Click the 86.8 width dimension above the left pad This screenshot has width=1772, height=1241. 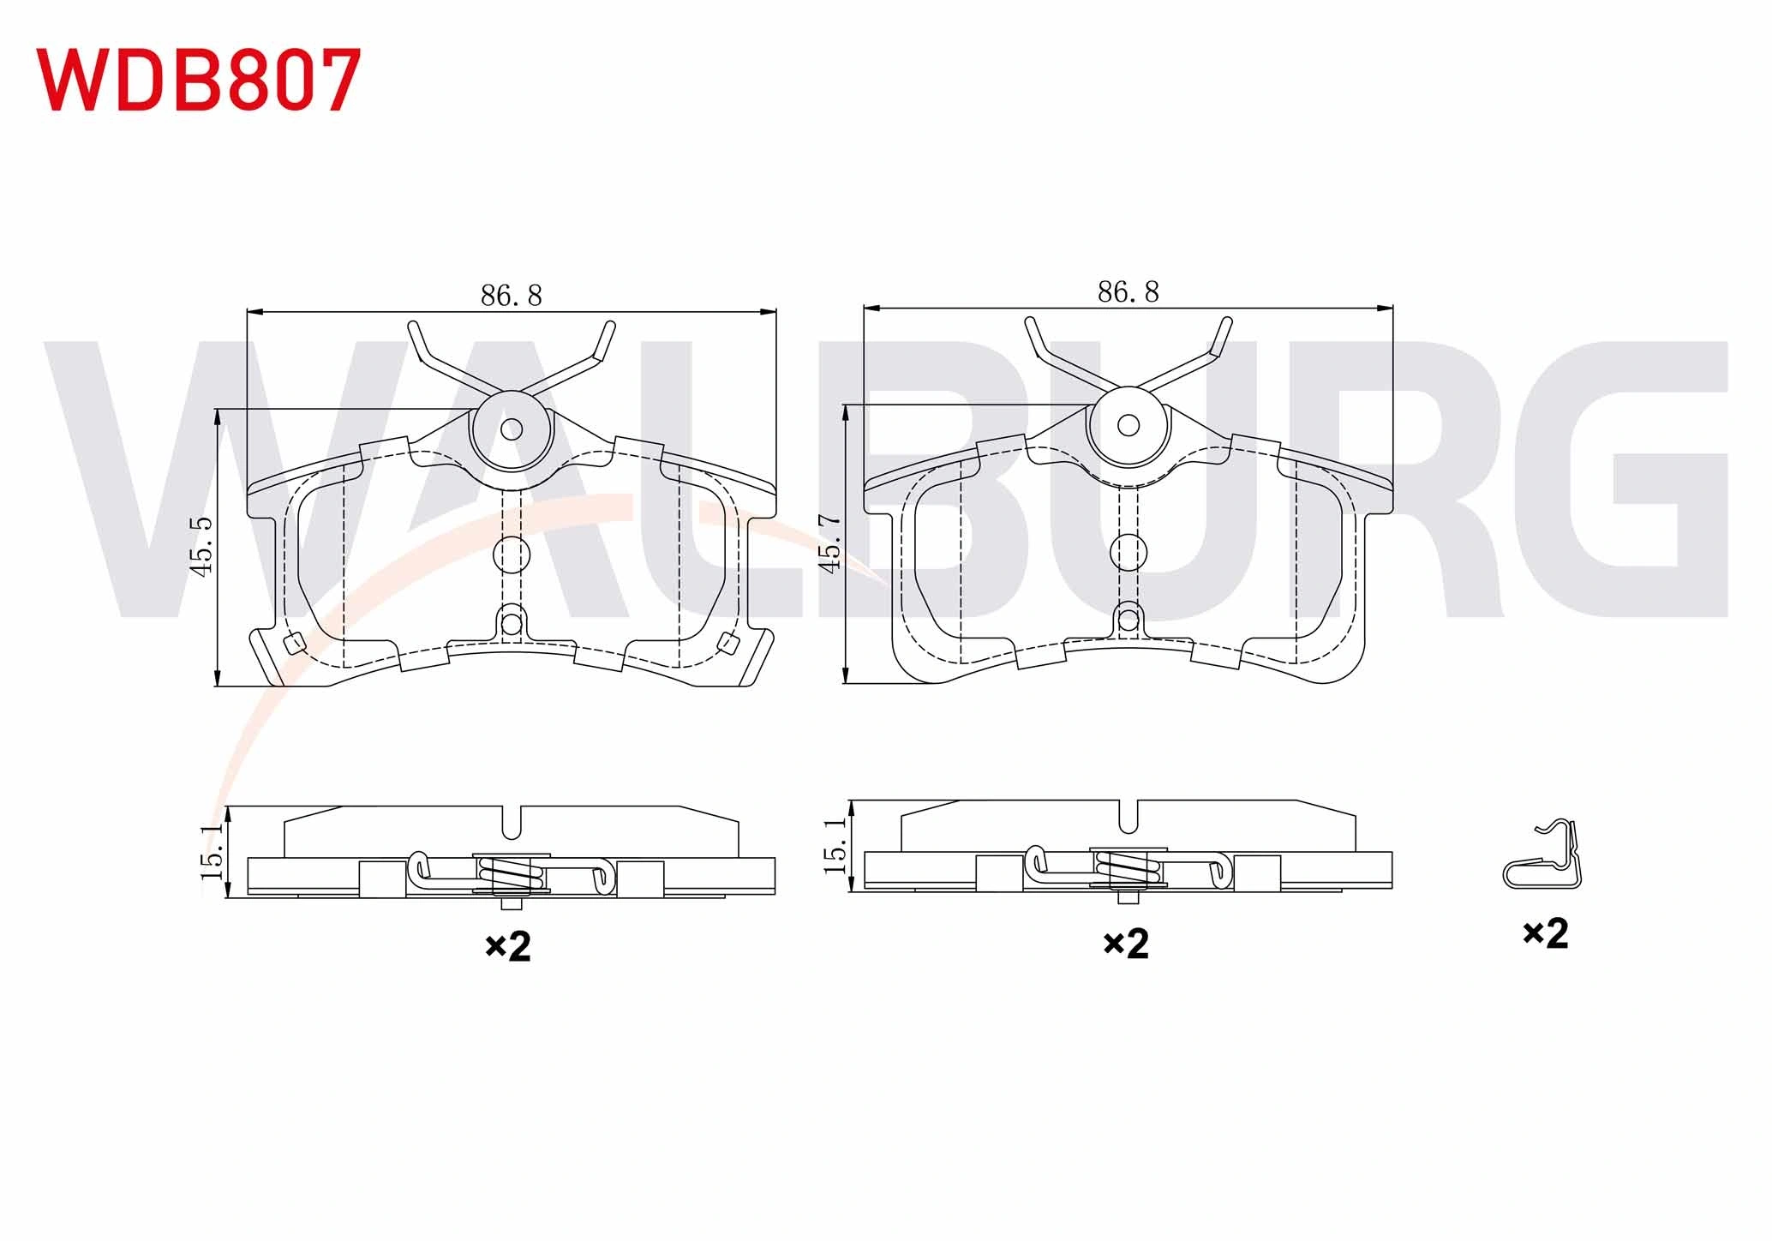511,296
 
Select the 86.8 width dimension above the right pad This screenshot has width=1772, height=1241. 1128,292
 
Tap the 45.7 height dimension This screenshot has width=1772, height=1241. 830,543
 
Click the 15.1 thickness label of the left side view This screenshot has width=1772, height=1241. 212,852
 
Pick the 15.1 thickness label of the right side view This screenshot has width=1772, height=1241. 835,845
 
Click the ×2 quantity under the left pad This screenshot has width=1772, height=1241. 508,946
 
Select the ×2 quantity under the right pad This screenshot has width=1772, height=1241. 1125,943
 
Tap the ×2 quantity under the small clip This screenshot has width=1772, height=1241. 1545,932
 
